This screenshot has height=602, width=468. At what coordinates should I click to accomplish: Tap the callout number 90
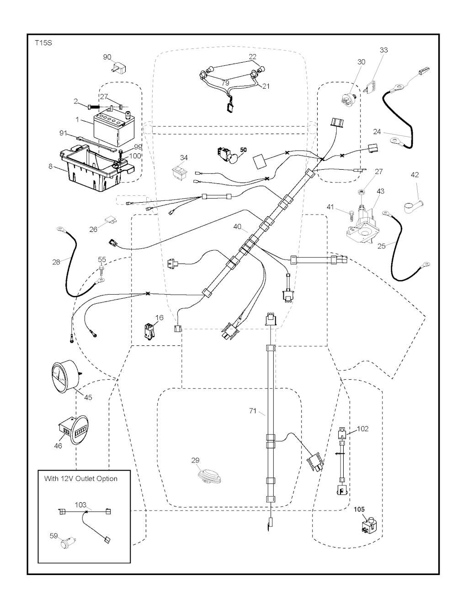coord(107,57)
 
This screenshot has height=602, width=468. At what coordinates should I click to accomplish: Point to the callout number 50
coord(243,150)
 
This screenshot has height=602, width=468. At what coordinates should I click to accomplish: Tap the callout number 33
coord(383,50)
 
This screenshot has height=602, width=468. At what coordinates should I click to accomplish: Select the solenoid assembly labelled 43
coord(363,224)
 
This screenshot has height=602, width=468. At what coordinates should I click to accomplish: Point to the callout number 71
coord(252,411)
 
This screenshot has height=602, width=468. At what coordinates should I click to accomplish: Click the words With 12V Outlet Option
coord(80,479)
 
